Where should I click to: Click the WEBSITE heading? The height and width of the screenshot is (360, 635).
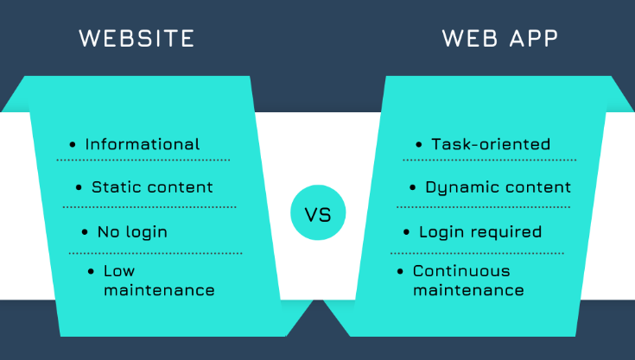coord(137,39)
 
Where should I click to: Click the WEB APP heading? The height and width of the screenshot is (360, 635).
coord(500,39)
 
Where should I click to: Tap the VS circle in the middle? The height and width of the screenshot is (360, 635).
coord(318,212)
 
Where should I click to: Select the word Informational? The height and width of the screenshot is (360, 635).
coord(142,144)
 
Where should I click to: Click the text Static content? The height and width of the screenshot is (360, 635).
coord(152,186)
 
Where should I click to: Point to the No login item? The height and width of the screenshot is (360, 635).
coord(132,231)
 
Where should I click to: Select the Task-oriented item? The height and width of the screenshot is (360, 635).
coord(491,144)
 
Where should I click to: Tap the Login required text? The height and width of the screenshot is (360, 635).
coord(480,231)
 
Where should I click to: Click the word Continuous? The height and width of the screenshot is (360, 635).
coord(461,271)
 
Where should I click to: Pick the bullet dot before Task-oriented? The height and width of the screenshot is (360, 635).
coord(420,144)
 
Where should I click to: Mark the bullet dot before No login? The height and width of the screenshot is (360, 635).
coord(85,231)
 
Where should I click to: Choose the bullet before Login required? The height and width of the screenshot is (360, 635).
coord(407,231)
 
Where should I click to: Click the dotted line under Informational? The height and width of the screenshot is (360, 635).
coord(143,160)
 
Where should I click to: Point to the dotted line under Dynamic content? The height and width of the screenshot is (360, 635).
coord(484,207)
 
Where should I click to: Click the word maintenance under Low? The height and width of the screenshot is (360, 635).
coord(159,290)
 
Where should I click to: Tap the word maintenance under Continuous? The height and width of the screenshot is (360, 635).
coord(468,290)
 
